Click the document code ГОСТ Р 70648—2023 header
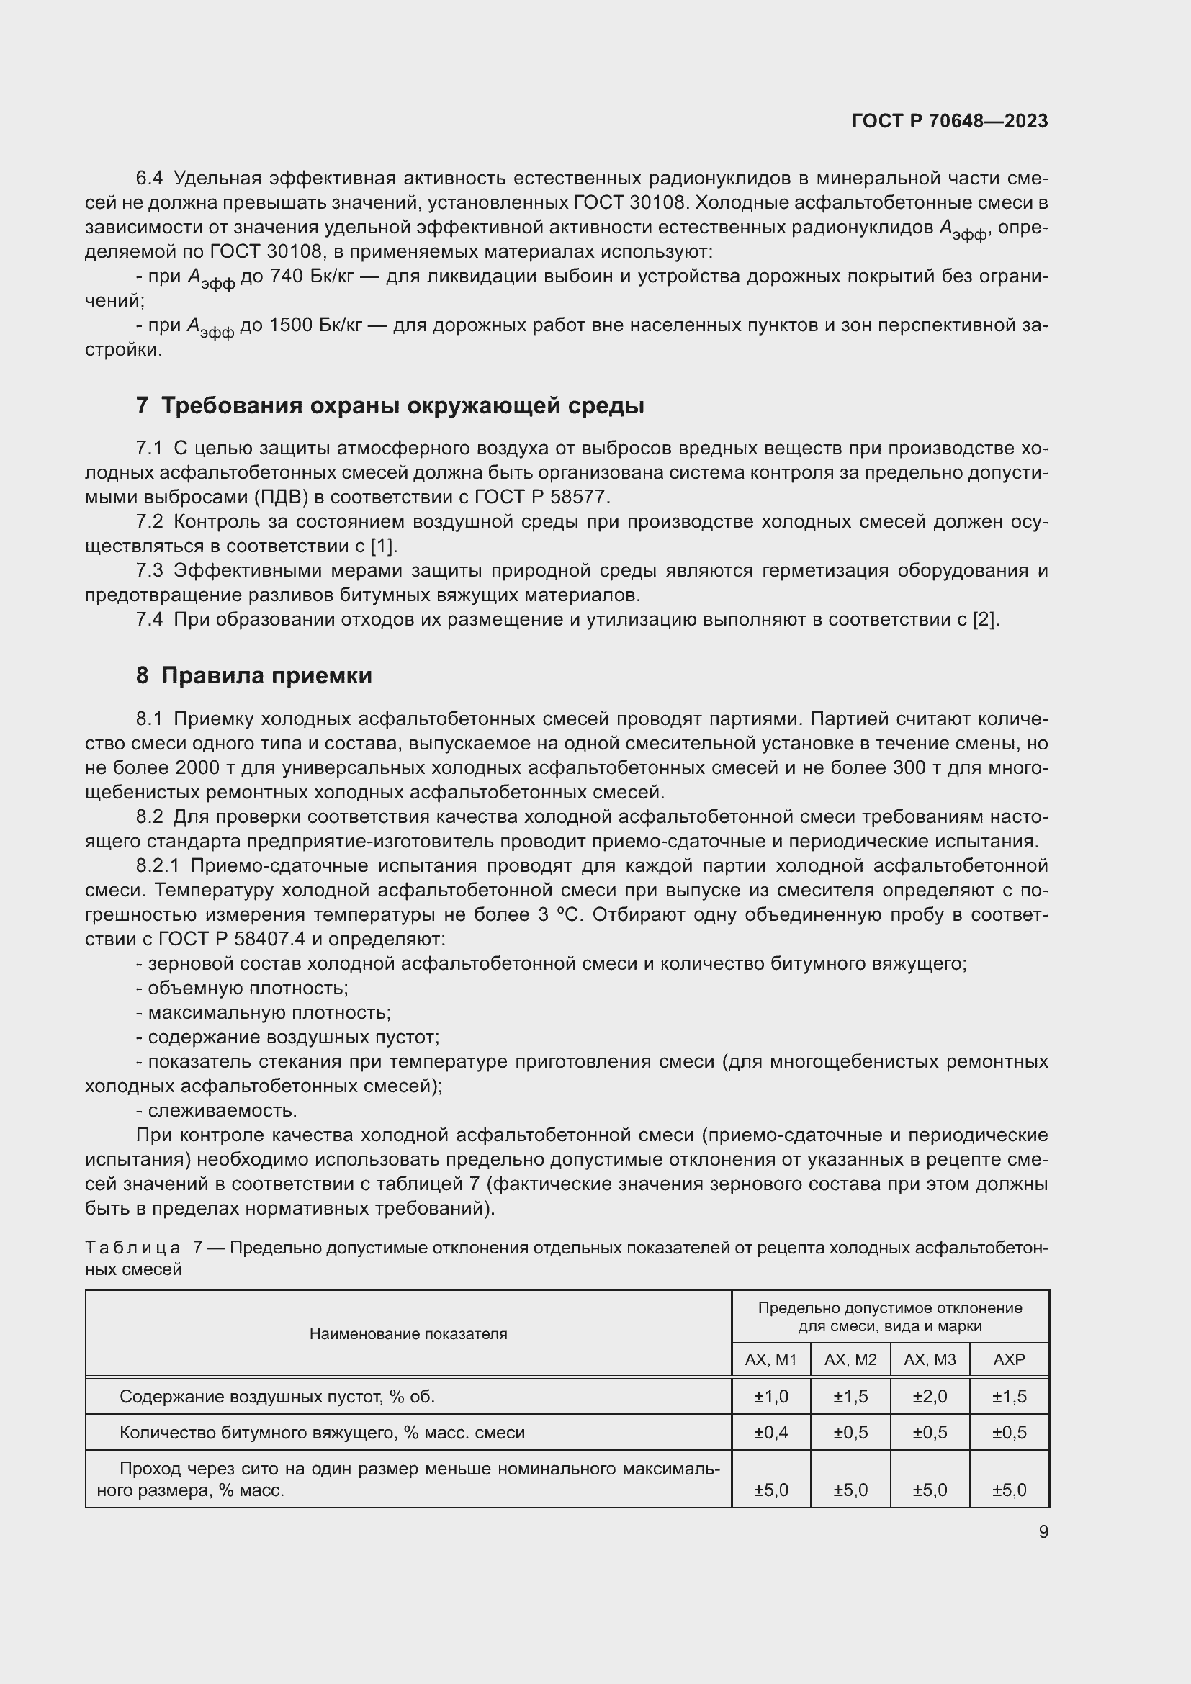tap(949, 121)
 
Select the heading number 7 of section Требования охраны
tap(143, 405)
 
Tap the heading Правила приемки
tap(266, 675)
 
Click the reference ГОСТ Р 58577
tap(541, 497)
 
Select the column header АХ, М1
tap(770, 1359)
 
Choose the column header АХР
tap(1009, 1359)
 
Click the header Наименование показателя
tap(408, 1333)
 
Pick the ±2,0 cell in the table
tap(929, 1397)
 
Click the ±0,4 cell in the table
tap(770, 1433)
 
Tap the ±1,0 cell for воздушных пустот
tap(770, 1397)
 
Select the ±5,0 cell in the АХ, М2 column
tap(850, 1490)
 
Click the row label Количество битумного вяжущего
tap(322, 1433)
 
